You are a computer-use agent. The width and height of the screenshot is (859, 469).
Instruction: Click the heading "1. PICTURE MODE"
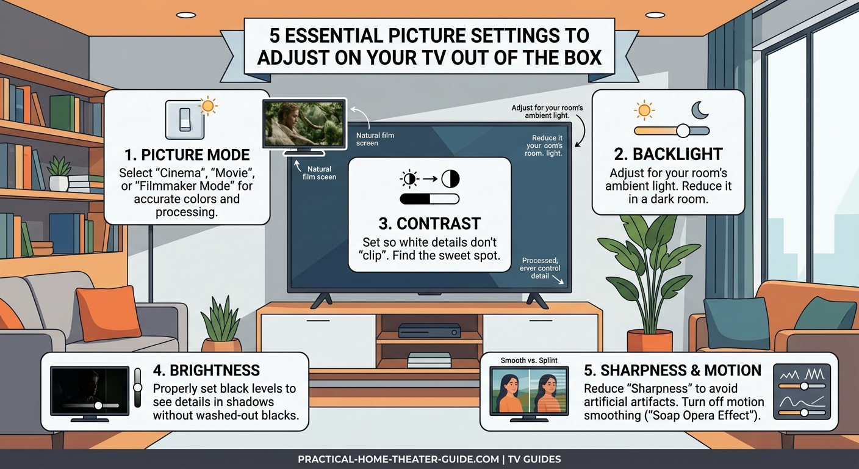187,154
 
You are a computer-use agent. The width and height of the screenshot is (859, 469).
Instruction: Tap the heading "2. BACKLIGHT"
668,153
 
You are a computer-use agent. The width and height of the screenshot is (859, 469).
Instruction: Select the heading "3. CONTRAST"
429,223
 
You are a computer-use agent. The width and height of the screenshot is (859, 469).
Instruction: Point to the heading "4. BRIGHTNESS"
206,370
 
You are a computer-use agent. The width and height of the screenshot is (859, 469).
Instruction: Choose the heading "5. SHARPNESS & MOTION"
672,370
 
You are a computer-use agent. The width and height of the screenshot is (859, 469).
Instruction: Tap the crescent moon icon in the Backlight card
699,110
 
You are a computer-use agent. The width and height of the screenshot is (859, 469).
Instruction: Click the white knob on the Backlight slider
683,131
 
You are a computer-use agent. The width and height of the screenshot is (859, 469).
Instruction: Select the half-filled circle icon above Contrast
450,179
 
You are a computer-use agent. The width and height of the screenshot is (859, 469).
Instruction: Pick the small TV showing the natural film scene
304,124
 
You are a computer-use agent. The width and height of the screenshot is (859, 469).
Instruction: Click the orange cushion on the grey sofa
109,312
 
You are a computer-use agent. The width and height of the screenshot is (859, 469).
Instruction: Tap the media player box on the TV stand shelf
429,330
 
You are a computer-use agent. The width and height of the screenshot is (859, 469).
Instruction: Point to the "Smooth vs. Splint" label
530,360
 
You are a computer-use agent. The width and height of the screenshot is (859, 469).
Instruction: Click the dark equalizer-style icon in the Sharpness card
802,391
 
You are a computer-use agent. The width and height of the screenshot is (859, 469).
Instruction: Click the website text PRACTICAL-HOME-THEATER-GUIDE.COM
398,459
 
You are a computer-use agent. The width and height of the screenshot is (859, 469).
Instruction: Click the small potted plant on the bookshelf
59,173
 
